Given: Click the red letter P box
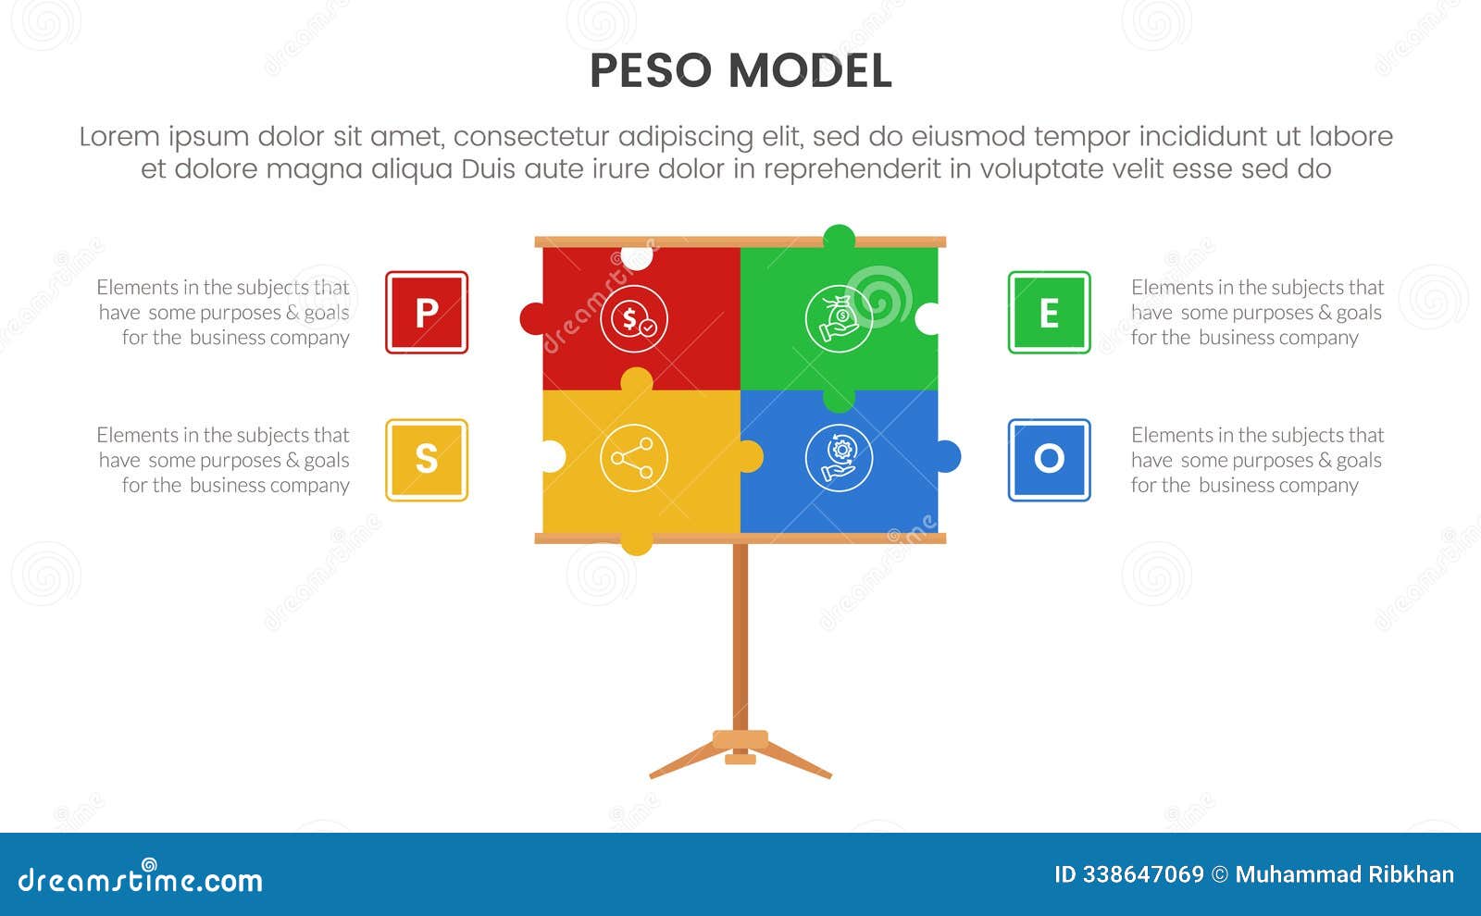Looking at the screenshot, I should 427,313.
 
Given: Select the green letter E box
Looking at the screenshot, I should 1049,313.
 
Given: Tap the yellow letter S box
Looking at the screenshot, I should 427,460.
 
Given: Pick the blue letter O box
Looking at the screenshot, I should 1049,460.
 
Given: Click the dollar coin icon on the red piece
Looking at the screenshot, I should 633,319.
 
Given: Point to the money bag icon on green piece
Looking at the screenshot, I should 839,319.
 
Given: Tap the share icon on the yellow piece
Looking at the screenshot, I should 633,457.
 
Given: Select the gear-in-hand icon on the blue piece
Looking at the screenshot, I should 839,457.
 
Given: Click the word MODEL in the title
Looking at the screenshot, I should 810,71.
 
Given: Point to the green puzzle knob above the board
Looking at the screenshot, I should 839,237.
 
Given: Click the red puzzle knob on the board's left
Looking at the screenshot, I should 532,318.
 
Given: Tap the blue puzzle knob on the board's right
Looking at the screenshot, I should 949,456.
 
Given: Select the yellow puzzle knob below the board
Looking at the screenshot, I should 636,544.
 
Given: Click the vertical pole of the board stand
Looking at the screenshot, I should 740,638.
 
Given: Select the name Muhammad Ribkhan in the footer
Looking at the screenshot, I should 1344,874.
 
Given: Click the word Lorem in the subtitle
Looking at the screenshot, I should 119,137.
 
